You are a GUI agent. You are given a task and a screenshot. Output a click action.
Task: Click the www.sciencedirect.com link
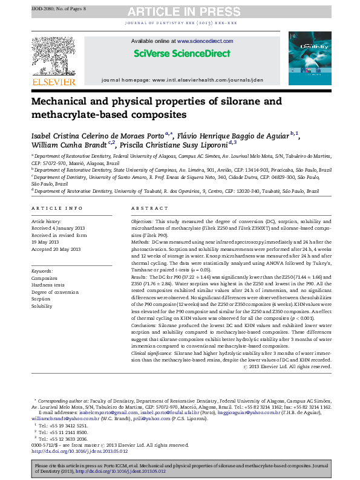[x=197, y=41]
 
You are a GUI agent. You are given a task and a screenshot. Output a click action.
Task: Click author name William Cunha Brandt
[x=65, y=144]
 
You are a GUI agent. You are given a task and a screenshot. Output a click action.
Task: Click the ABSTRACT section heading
[x=145, y=208]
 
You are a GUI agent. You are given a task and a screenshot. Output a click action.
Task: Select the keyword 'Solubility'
[x=42, y=306]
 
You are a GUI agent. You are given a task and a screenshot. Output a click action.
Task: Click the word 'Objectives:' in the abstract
[x=143, y=222]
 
